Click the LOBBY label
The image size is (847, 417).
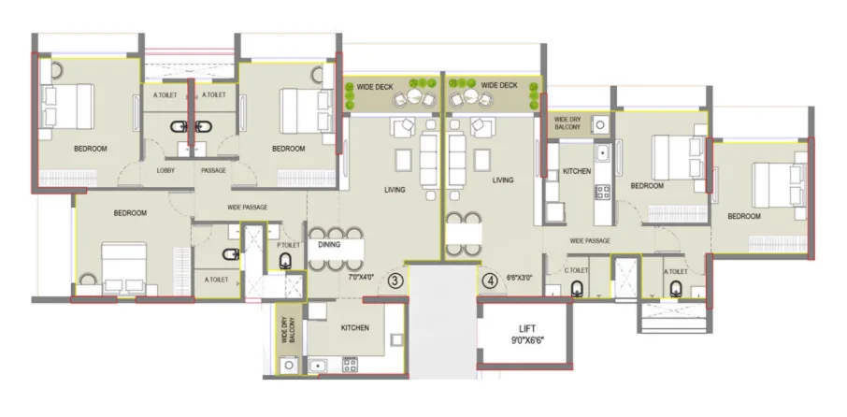coord(166,170)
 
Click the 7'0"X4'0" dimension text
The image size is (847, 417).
coord(361,278)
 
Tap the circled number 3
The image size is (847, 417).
coord(395,280)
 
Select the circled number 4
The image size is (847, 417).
coord(489,279)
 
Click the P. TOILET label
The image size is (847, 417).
coord(288,245)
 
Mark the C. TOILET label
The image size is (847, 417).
coord(577,271)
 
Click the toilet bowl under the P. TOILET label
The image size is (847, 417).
coord(287,262)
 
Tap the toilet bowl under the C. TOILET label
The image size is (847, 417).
coord(578,287)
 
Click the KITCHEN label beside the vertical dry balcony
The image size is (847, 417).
coord(355,328)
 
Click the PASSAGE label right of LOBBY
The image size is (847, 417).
coord(213,170)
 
